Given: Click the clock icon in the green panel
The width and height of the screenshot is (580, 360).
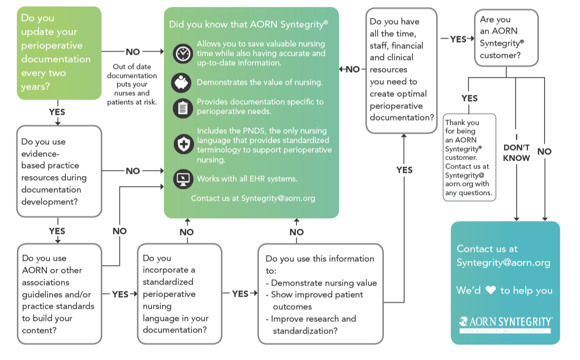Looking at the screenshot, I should point(183,53).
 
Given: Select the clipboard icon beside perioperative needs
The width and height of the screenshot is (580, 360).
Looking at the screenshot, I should point(182,108).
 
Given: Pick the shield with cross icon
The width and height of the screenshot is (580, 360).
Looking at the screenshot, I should point(183,143).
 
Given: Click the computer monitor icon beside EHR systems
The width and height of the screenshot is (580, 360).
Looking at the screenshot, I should point(183,179).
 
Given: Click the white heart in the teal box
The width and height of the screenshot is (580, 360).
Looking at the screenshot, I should point(490,290).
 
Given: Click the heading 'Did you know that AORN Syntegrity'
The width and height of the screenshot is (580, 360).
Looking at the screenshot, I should point(248,24).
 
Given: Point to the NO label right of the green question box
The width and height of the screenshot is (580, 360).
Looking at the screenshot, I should point(133,52).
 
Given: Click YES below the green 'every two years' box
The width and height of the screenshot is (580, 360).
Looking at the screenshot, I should point(57,112).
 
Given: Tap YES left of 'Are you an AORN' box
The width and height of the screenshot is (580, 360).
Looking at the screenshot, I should point(458,39).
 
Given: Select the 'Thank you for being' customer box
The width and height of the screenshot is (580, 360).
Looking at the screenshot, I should point(469,157).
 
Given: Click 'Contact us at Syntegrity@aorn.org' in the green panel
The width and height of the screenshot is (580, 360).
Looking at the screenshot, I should point(253,198).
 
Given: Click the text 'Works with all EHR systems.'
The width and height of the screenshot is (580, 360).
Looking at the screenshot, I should point(247,179).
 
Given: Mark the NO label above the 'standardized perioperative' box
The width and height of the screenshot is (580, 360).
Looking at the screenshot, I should point(187,232).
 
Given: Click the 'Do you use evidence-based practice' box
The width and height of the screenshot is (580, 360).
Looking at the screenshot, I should point(59,171).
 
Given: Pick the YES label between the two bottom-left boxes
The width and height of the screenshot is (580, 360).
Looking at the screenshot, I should point(120,294).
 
